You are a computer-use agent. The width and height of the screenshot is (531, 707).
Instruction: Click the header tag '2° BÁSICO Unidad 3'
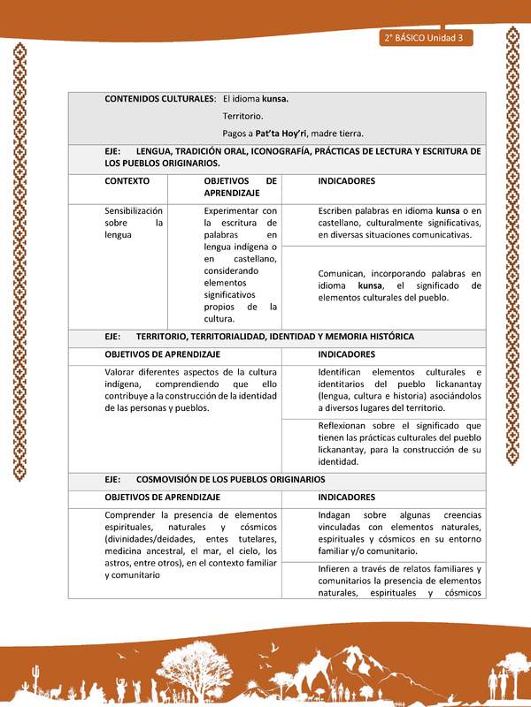(x=424, y=38)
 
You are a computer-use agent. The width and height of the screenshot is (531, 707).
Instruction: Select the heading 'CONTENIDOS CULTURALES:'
(x=160, y=99)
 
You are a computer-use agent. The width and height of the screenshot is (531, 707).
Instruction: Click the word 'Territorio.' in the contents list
(x=242, y=116)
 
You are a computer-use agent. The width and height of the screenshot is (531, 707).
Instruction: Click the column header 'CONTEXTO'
(x=127, y=181)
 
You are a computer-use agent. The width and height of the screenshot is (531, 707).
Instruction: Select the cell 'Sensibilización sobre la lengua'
(x=134, y=223)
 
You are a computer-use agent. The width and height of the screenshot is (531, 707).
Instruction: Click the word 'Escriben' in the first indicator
(x=338, y=211)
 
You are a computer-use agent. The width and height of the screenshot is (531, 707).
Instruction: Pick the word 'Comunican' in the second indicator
(x=343, y=274)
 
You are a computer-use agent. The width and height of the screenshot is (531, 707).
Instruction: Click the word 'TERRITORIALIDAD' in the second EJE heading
(x=237, y=337)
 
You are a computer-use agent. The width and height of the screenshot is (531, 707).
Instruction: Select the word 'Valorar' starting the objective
(x=121, y=371)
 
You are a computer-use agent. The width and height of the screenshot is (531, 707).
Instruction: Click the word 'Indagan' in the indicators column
(x=336, y=514)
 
